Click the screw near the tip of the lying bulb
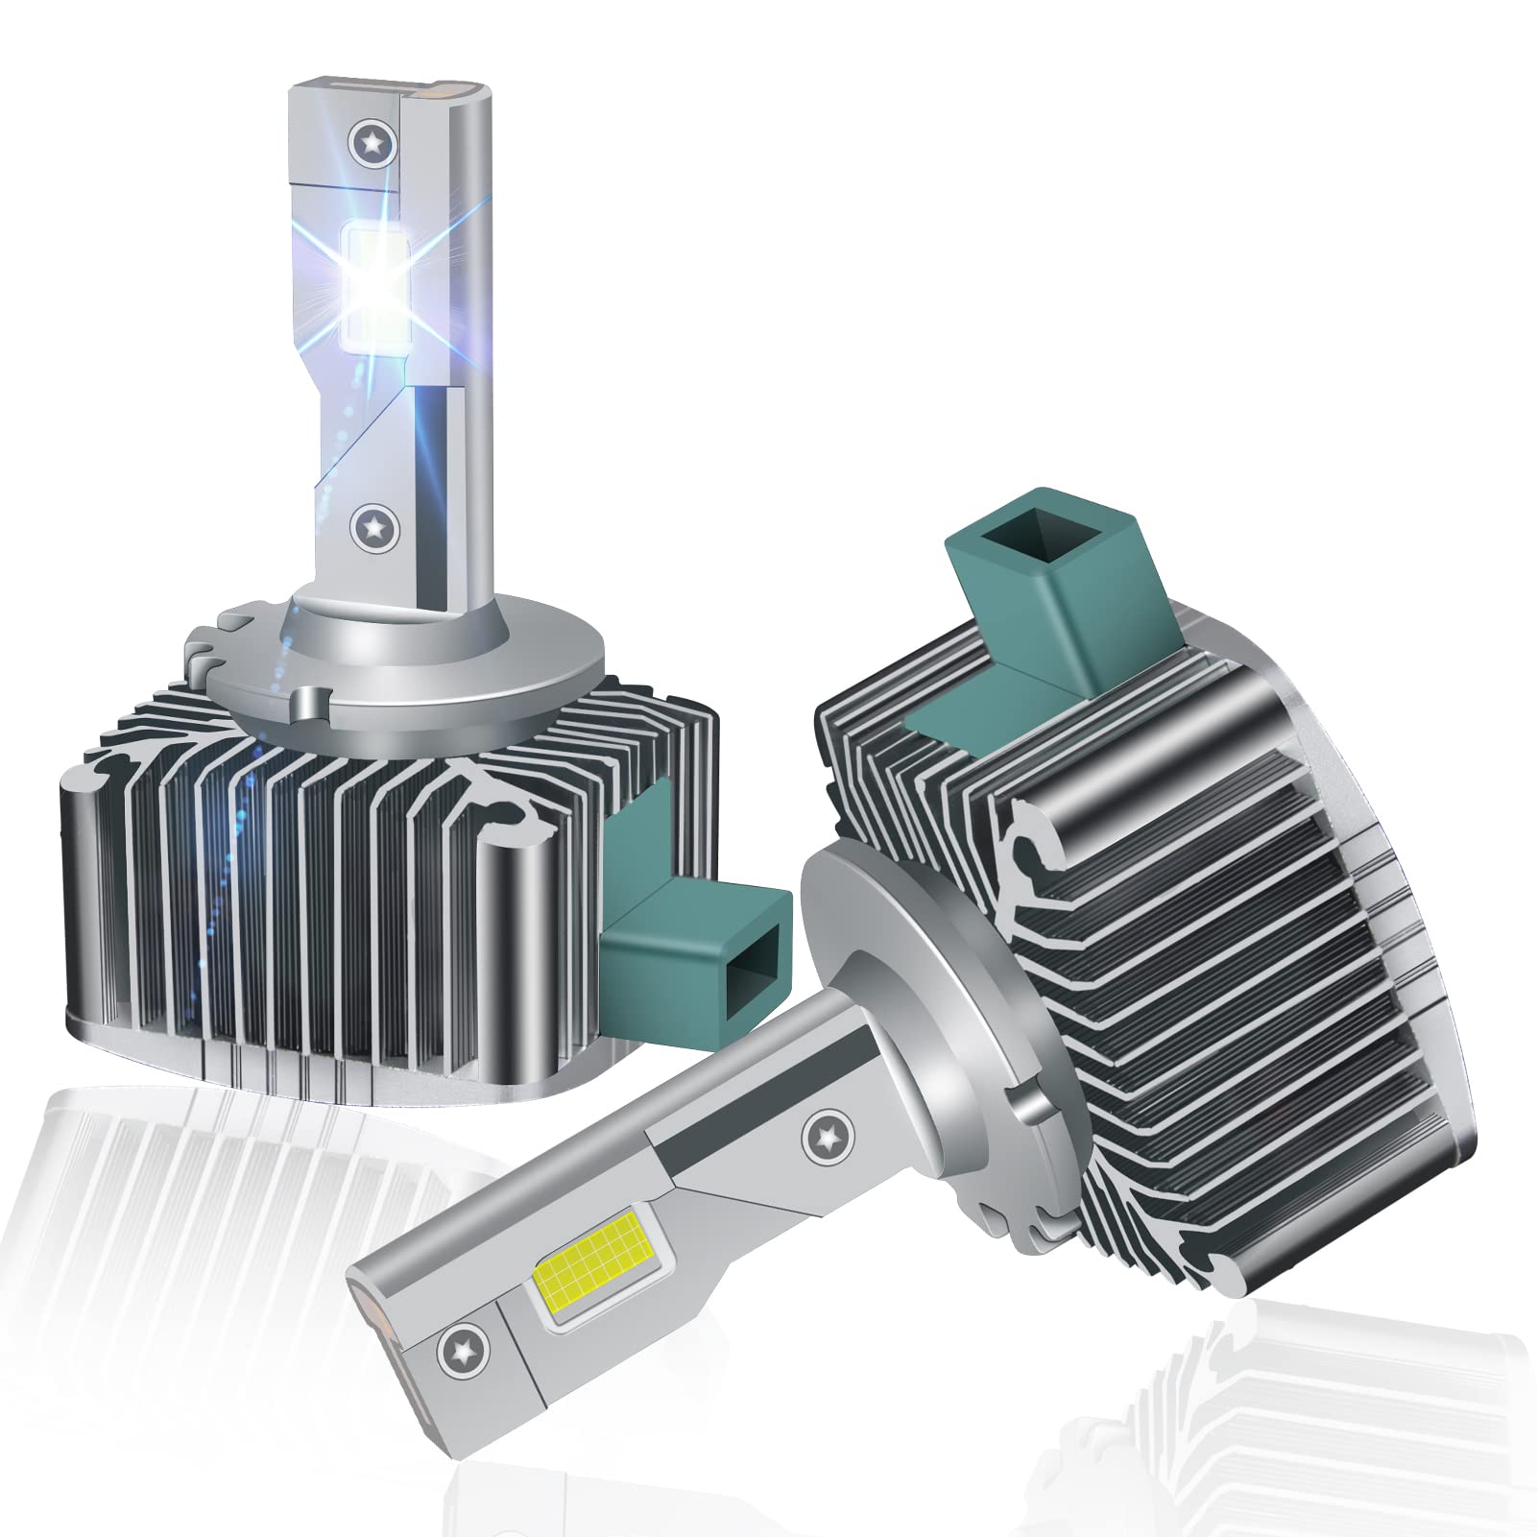point(455,1355)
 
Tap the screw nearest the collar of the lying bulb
point(823,1135)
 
